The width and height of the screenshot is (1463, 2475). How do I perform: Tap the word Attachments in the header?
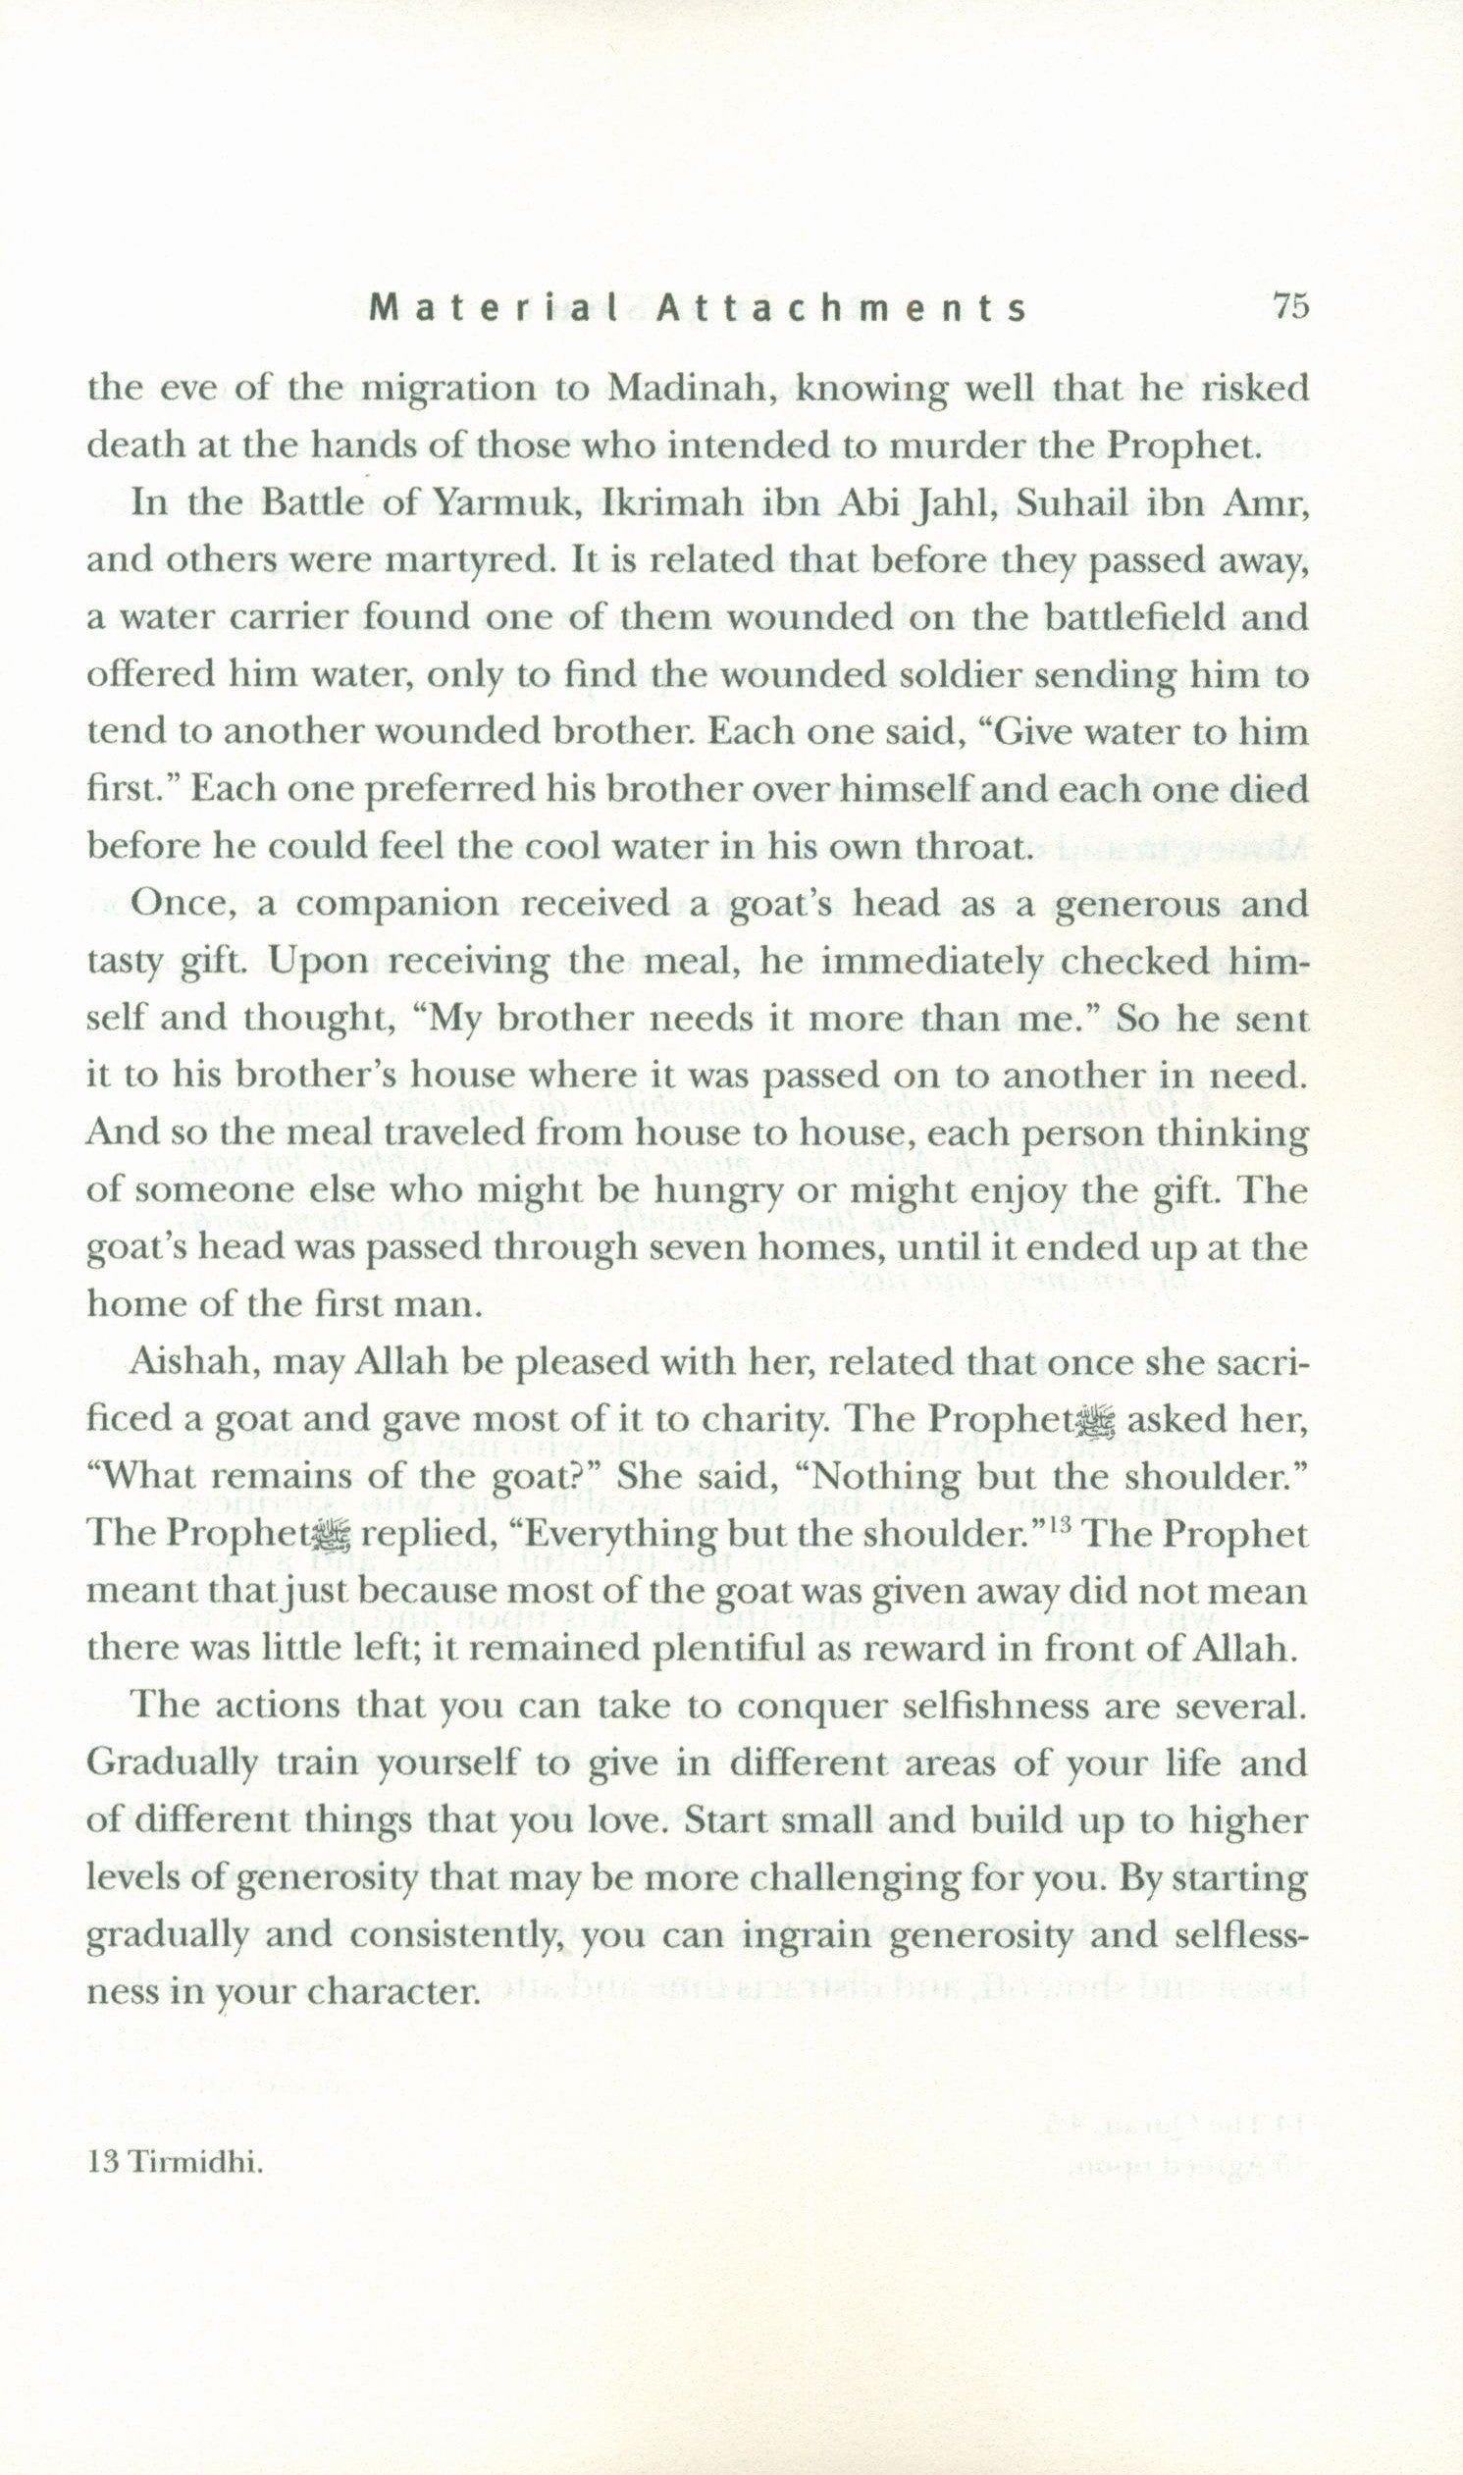(841, 309)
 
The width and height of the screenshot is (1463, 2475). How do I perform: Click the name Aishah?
(184, 1363)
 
